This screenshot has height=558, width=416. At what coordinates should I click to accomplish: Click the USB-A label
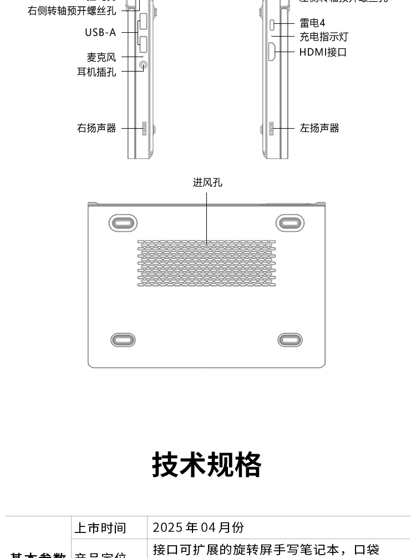100,33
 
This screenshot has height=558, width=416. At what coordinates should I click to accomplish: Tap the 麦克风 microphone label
101,57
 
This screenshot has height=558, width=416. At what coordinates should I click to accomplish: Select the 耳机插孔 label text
97,72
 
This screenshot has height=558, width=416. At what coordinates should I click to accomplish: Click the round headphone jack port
143,65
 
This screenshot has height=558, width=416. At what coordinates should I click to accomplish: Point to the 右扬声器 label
97,128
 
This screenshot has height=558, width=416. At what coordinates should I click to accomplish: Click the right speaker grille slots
144,129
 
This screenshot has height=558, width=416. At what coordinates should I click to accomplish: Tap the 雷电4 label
312,23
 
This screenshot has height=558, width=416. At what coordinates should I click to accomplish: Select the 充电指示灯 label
324,37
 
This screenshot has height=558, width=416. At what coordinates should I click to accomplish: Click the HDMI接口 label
323,52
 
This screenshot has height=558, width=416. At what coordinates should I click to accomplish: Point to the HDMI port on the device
272,52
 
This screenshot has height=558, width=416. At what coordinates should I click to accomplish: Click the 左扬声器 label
319,128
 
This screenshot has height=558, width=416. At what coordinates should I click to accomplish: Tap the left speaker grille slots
271,129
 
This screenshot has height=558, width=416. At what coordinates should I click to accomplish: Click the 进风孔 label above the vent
207,182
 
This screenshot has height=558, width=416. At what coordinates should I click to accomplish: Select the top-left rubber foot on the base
123,223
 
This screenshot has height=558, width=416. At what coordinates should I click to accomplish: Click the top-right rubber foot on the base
290,223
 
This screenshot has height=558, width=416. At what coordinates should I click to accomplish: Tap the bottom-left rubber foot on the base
123,339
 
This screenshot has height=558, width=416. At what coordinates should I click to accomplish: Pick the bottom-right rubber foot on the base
290,339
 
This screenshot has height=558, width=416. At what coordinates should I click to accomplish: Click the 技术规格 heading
207,465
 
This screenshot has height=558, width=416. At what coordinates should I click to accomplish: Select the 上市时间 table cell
100,528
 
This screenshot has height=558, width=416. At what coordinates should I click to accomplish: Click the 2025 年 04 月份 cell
198,527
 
